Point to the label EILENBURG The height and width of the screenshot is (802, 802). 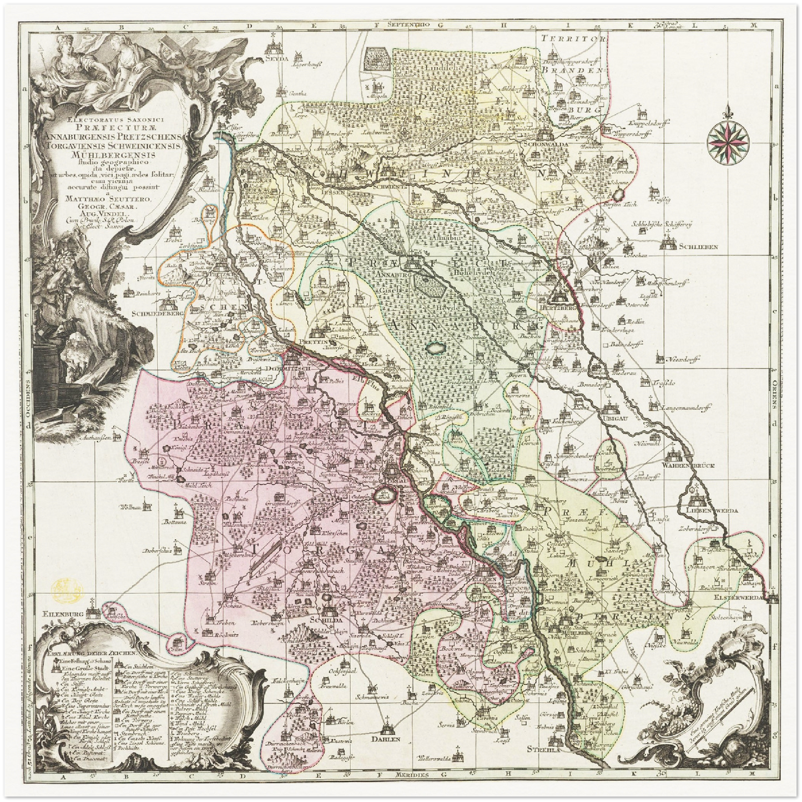point(65,614)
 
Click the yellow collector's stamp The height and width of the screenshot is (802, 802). point(65,587)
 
